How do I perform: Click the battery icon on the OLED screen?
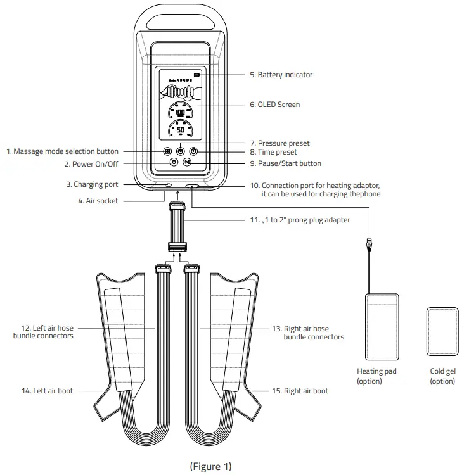pyautogui.click(x=196, y=75)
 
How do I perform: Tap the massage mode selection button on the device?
pyautogui.click(x=167, y=151)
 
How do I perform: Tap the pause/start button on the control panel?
pyautogui.click(x=188, y=163)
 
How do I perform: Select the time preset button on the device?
pyautogui.click(x=194, y=151)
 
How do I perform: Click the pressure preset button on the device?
pyautogui.click(x=181, y=151)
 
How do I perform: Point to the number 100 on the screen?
pyautogui.click(x=181, y=112)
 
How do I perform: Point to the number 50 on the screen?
pyautogui.click(x=181, y=130)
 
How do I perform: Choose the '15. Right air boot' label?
pyautogui.click(x=299, y=391)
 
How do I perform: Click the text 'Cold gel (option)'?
pyautogui.click(x=442, y=376)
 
